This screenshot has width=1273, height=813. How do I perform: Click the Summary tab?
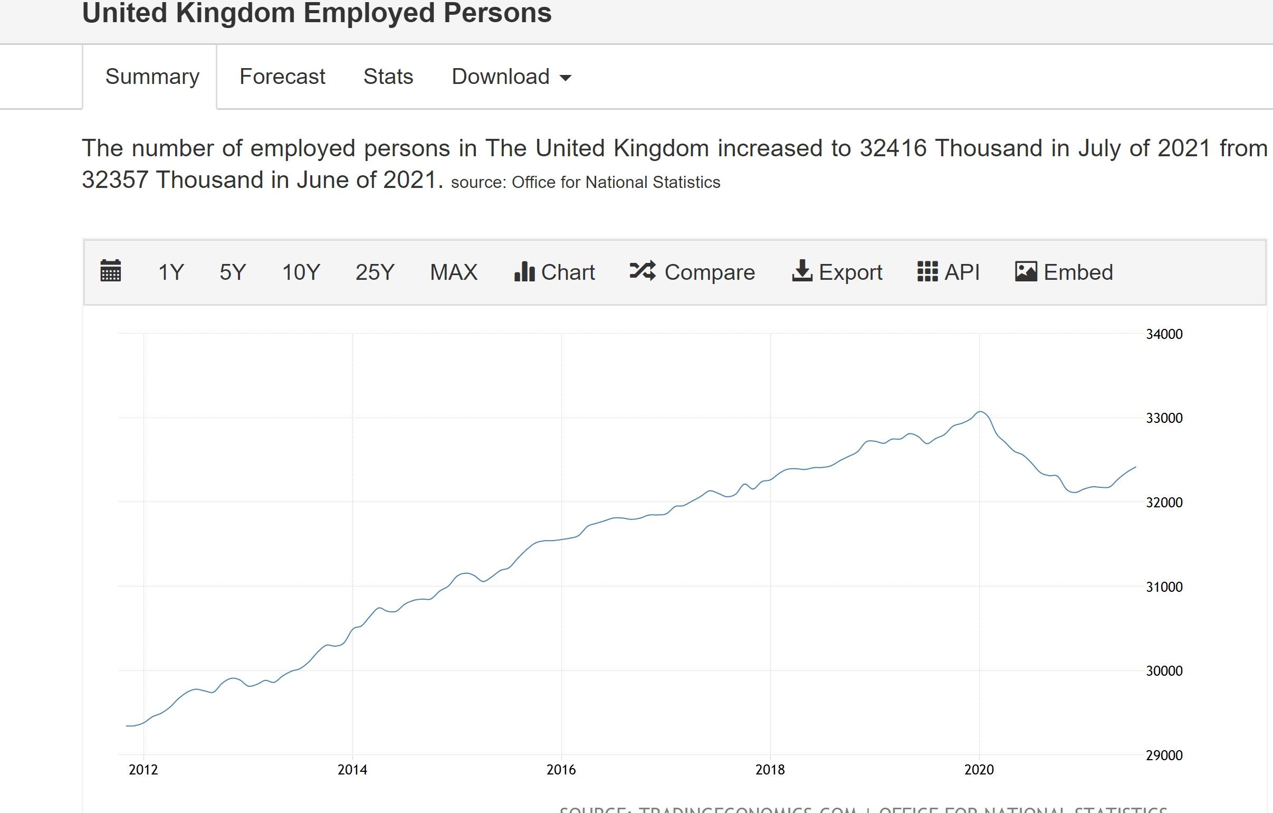pyautogui.click(x=152, y=77)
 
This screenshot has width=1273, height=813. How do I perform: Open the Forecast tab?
pyautogui.click(x=282, y=77)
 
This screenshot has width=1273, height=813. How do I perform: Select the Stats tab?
pyautogui.click(x=388, y=77)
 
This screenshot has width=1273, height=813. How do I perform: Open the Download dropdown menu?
pyautogui.click(x=511, y=77)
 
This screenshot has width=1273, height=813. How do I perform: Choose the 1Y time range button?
pyautogui.click(x=171, y=272)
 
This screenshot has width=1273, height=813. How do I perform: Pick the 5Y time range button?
pyautogui.click(x=233, y=272)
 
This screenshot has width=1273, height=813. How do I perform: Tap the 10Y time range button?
pyautogui.click(x=301, y=272)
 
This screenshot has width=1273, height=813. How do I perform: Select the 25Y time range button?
pyautogui.click(x=375, y=272)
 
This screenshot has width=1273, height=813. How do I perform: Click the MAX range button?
pyautogui.click(x=454, y=272)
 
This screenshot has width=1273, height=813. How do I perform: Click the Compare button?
pyautogui.click(x=692, y=272)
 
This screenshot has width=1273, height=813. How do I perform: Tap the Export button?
pyautogui.click(x=837, y=272)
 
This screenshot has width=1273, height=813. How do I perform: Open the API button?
pyautogui.click(x=949, y=272)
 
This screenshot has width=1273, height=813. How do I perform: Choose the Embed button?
pyautogui.click(x=1064, y=272)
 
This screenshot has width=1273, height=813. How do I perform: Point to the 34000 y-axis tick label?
pyautogui.click(x=1164, y=334)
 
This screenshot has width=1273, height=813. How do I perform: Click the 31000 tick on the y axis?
pyautogui.click(x=1164, y=587)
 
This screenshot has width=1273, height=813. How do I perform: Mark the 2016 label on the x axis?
pyautogui.click(x=561, y=770)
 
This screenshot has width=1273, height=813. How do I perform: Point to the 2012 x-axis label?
pyautogui.click(x=143, y=770)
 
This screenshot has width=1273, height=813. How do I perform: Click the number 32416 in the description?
pyautogui.click(x=893, y=148)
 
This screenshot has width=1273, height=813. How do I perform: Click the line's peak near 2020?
pyautogui.click(x=980, y=412)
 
